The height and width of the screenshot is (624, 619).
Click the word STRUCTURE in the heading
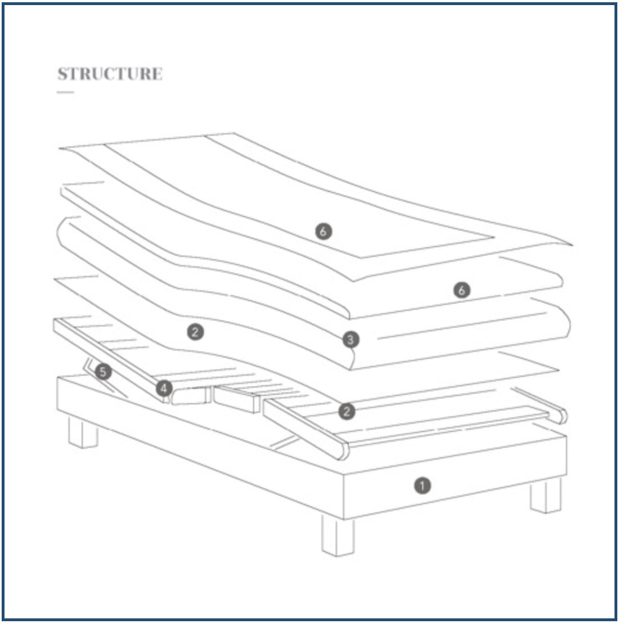point(110,74)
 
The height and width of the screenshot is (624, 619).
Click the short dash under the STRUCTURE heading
point(65,92)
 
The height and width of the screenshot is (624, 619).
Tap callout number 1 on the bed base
point(422,485)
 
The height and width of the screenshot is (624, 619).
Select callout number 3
point(350,340)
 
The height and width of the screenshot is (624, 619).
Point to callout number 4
point(164,389)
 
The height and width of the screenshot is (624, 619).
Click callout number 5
point(103,372)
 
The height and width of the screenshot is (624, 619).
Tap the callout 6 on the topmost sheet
point(323,231)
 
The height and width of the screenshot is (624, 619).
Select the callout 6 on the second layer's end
point(461,290)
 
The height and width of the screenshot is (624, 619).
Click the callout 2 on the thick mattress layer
point(195,332)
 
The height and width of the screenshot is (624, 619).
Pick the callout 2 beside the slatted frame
point(347,411)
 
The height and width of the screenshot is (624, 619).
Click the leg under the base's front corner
point(338,536)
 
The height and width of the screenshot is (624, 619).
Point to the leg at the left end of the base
point(83,432)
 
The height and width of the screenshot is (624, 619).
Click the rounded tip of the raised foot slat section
point(343,450)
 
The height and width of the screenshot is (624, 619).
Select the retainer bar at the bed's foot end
point(540,405)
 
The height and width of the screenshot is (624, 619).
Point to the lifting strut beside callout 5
point(105,378)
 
